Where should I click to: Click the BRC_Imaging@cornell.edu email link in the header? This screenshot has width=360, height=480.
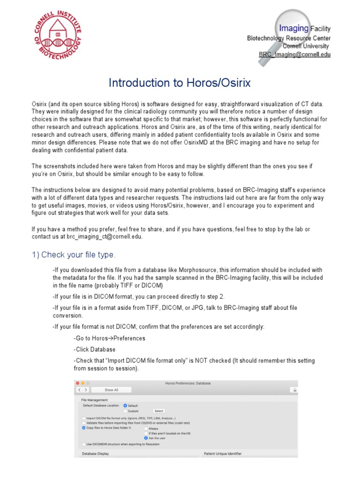tap(295, 54)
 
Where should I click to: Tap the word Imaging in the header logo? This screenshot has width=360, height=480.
tap(294, 29)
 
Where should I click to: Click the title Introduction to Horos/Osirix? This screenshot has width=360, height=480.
tap(180, 83)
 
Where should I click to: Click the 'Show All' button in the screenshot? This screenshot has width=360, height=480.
tap(111, 390)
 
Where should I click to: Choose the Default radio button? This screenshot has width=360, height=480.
tap(125, 405)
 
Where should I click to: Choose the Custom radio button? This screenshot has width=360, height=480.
tap(125, 411)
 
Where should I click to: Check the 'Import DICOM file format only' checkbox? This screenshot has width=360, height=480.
tap(83, 418)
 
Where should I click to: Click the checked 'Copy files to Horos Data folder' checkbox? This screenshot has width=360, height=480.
tap(83, 428)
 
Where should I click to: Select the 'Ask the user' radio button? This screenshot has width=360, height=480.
tap(146, 438)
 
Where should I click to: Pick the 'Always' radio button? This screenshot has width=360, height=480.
tap(146, 428)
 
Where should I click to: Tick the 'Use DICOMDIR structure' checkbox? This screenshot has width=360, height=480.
tap(83, 444)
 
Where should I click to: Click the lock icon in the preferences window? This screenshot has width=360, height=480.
tap(294, 390)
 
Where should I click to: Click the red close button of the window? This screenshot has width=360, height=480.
tap(77, 383)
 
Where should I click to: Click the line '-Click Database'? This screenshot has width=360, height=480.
tap(95, 349)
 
